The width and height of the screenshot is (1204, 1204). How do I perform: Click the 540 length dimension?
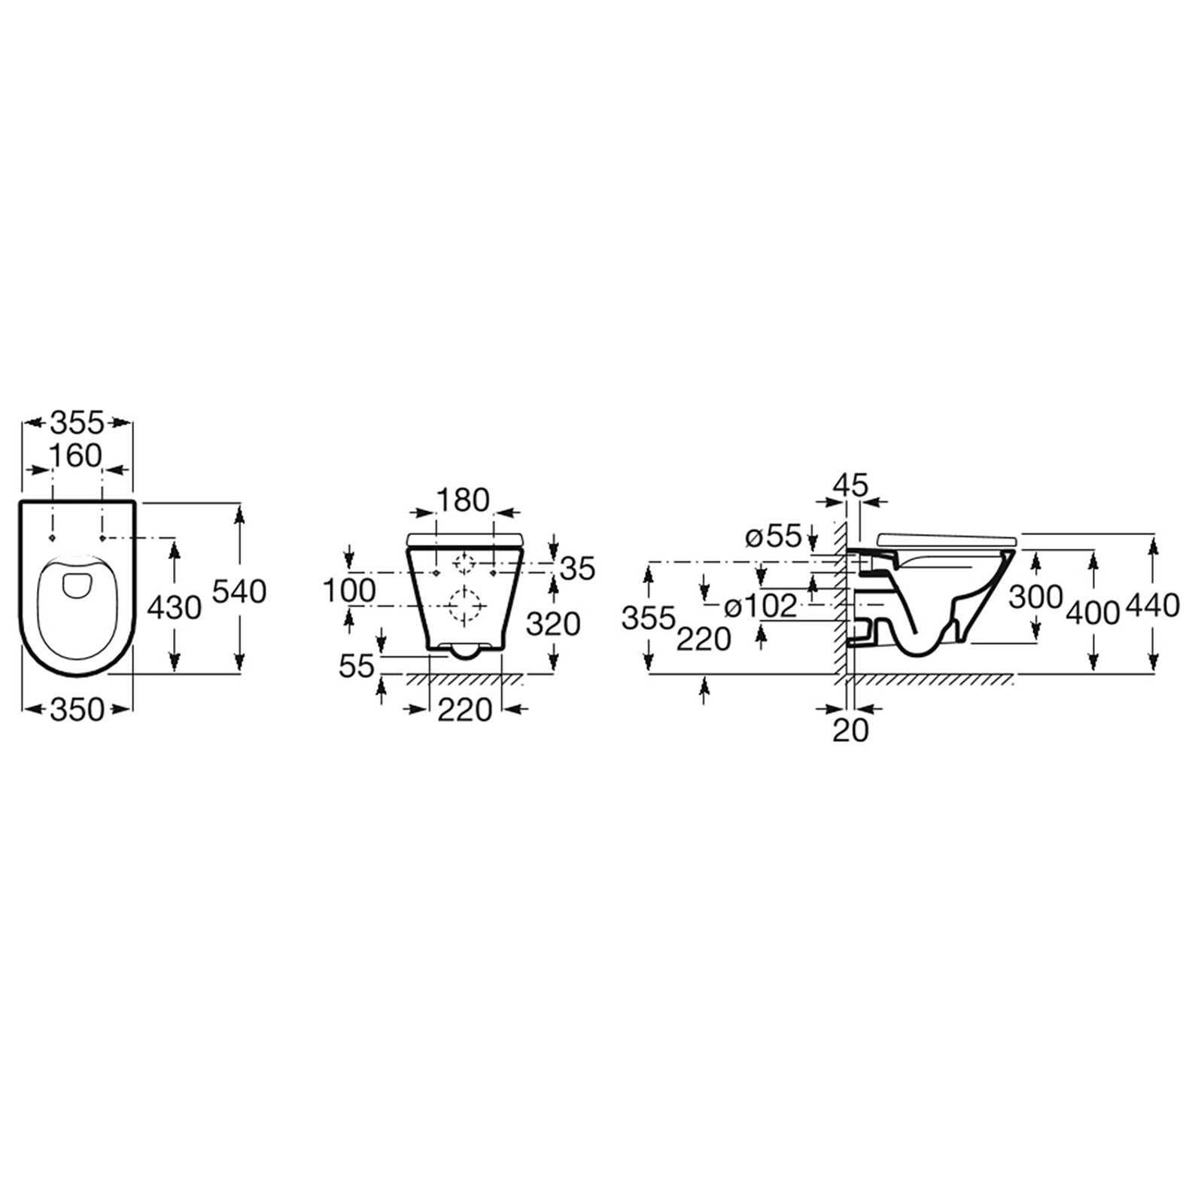click(239, 591)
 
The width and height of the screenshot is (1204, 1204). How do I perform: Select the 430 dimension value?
click(174, 607)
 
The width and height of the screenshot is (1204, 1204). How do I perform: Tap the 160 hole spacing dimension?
click(76, 455)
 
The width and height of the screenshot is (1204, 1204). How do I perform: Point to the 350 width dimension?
click(76, 709)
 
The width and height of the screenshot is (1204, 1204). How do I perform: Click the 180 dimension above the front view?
click(463, 500)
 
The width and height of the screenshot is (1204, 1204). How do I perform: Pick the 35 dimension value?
click(578, 568)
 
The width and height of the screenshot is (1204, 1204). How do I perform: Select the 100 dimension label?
click(349, 591)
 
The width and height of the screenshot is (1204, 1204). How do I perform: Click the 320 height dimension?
click(553, 624)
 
